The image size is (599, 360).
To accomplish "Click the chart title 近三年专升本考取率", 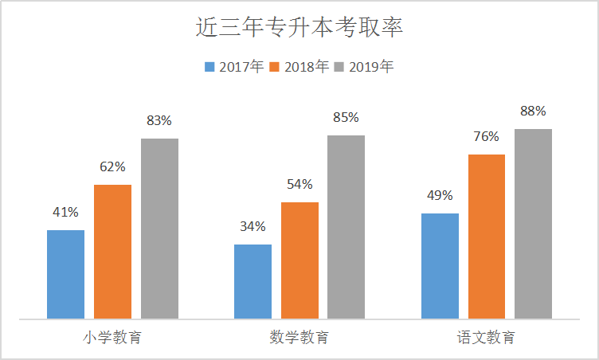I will (x=299, y=29).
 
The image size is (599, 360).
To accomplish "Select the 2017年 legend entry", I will (x=233, y=67).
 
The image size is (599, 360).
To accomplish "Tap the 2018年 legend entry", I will (x=299, y=67).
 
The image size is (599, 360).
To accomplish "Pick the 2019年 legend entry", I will (x=364, y=67).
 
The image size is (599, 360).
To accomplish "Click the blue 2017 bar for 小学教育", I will (x=65, y=275).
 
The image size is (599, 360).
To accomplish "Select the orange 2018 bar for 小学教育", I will (x=112, y=252).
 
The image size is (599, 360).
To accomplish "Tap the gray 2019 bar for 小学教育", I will (x=159, y=229).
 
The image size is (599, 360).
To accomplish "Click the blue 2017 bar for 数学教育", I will (x=253, y=282).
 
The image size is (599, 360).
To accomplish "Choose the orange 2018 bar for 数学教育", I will (x=299, y=261).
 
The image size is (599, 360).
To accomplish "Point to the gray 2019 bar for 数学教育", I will (x=346, y=228).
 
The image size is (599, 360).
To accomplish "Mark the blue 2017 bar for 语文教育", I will (x=440, y=267).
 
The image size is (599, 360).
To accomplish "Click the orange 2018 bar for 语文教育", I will (x=487, y=237).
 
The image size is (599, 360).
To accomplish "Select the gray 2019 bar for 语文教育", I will (x=533, y=225).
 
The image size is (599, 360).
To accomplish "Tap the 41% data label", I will (x=65, y=213).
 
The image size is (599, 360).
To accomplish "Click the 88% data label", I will (x=533, y=112).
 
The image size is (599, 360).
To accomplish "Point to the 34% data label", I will (x=253, y=226).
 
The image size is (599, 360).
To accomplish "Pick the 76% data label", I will (x=486, y=136).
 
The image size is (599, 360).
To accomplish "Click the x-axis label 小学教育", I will (x=112, y=338).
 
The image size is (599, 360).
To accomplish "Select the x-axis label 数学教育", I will (x=299, y=338).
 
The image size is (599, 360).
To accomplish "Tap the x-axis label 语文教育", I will (x=486, y=338).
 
